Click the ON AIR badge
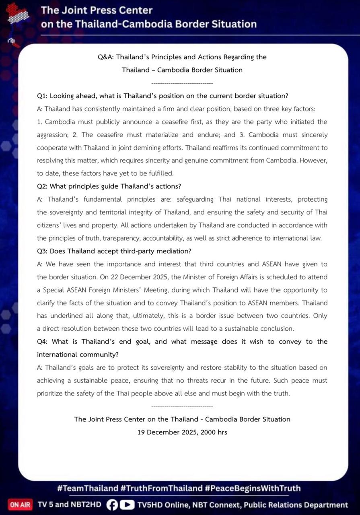coord(20,505)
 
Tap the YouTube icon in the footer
coord(128,505)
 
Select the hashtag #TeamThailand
coord(87,488)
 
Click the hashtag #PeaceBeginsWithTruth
coord(253,488)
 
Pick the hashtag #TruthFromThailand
coord(161,488)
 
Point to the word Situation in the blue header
coord(233,24)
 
